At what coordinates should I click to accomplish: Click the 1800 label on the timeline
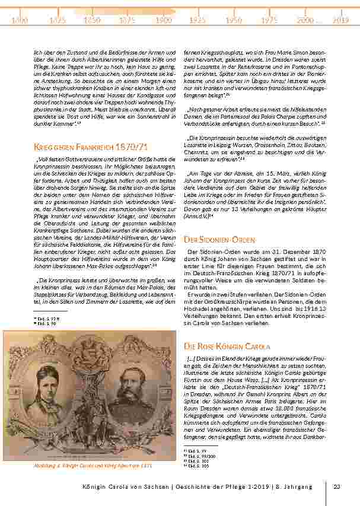coord(20,20)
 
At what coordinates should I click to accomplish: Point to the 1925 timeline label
coord(197,20)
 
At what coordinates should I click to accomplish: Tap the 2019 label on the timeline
coord(340,20)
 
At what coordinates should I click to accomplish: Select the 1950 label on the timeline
coord(234,20)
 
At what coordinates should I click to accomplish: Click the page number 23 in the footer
coord(337,487)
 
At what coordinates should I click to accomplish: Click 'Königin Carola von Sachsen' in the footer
coord(124,487)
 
